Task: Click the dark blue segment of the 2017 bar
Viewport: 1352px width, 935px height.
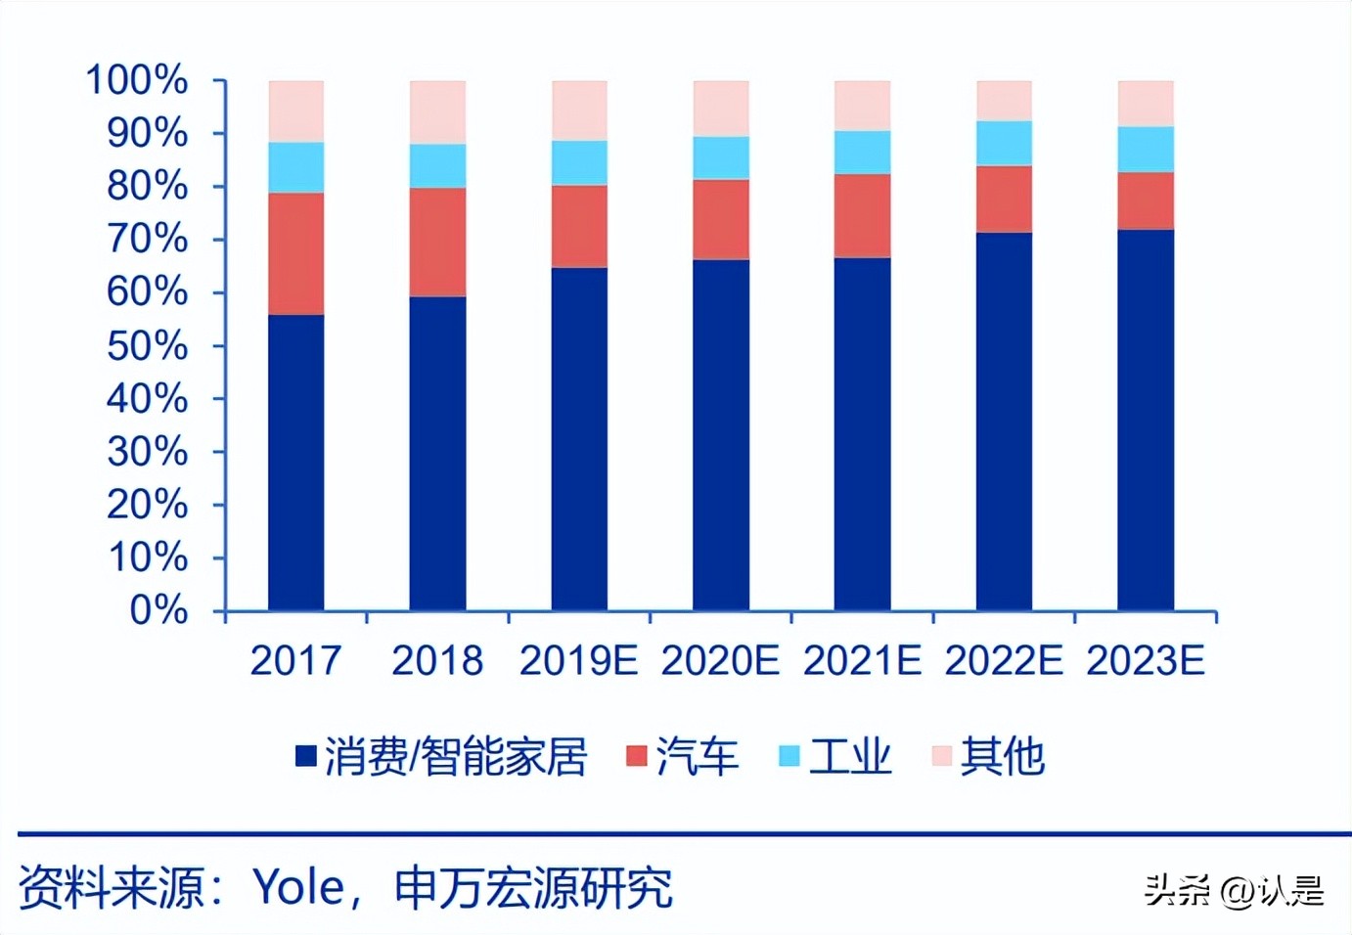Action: pos(295,463)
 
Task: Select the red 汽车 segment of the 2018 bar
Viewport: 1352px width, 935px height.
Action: pos(437,242)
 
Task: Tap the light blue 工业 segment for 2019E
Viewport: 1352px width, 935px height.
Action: pos(579,162)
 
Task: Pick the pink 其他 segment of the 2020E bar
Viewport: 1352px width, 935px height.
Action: pos(721,108)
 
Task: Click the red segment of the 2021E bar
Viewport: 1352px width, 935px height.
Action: pos(862,215)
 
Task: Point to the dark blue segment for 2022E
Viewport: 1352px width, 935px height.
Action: pos(1004,421)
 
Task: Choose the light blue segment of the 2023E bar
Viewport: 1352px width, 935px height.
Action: pos(1146,149)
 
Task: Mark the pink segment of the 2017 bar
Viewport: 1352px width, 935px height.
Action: pos(295,111)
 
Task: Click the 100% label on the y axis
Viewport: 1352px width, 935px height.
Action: pos(137,80)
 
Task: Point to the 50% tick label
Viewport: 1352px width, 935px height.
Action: pos(147,345)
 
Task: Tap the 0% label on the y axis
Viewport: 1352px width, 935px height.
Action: pos(158,610)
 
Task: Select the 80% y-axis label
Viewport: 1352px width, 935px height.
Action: pos(147,186)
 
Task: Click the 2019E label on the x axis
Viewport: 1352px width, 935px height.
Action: pos(578,661)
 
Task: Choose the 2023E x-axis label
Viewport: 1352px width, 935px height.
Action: pos(1145,661)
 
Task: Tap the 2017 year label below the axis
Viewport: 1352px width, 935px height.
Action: pos(295,661)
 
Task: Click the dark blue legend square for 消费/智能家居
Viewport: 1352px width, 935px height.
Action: pos(306,756)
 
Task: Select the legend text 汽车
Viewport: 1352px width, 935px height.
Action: pos(697,757)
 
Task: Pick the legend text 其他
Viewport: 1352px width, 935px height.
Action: pos(1002,757)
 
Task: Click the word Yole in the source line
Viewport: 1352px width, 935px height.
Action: pos(299,888)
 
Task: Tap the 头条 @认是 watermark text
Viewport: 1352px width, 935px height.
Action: pos(1235,890)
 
